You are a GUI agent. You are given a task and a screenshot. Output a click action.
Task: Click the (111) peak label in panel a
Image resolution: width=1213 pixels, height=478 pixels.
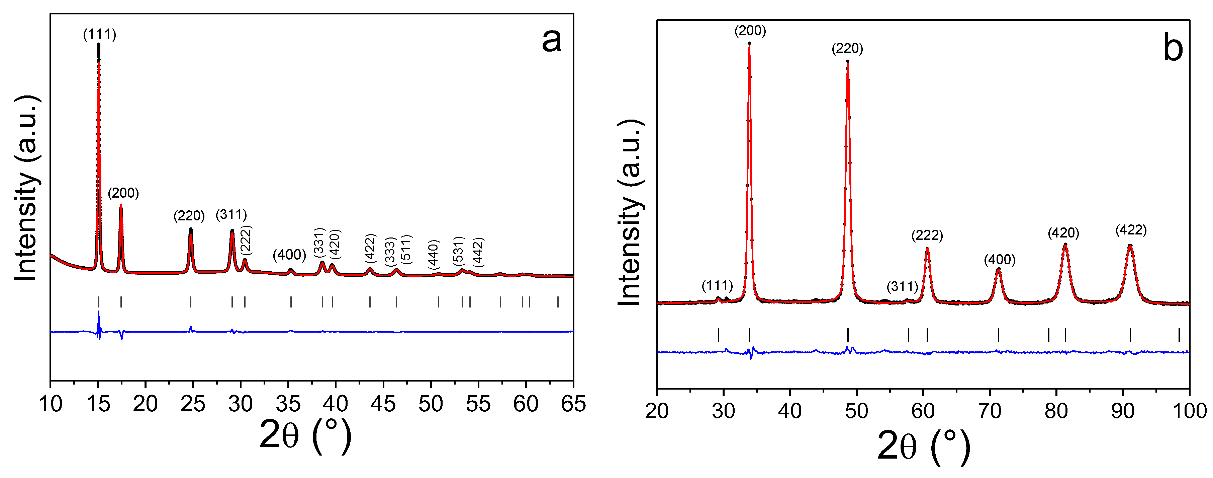[x=99, y=35]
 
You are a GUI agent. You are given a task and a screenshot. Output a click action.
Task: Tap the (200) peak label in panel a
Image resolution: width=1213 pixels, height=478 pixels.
[x=123, y=193]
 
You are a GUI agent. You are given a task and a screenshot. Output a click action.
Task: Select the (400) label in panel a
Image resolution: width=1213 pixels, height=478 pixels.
[x=289, y=255]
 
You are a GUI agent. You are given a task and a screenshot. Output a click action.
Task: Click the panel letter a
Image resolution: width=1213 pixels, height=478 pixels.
[x=551, y=40]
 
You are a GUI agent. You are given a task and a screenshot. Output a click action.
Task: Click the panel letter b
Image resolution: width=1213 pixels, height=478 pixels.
[x=1173, y=48]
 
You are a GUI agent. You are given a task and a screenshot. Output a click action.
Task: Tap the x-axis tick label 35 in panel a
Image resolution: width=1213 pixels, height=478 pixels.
[x=288, y=404]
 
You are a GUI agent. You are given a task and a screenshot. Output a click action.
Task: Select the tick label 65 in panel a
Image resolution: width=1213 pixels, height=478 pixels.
[x=573, y=404]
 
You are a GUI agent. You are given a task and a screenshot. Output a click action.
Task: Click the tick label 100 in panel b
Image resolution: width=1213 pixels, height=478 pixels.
[x=1189, y=411]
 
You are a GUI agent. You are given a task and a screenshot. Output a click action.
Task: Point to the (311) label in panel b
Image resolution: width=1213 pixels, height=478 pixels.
[x=902, y=286]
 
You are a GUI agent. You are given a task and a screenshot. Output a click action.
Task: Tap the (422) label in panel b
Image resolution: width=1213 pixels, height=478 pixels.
[x=1131, y=230]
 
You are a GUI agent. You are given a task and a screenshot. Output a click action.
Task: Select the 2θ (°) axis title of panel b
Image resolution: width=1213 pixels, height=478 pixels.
[x=923, y=446]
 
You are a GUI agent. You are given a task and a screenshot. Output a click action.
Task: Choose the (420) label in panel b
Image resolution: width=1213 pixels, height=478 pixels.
[x=1063, y=233]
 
